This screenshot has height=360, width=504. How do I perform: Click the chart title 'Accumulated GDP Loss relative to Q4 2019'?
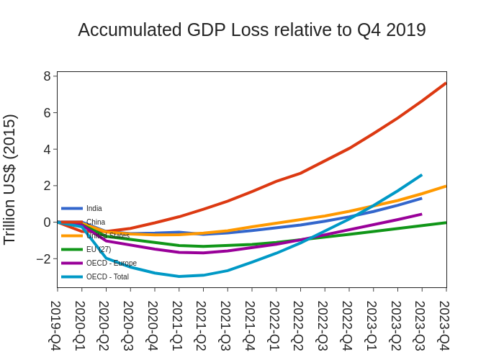click(x=252, y=30)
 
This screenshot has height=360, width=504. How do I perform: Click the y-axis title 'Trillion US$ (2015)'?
click(x=10, y=179)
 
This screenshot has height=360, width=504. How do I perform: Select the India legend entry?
click(x=94, y=209)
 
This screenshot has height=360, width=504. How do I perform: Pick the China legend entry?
click(x=96, y=222)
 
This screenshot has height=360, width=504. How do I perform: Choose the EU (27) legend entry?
click(x=99, y=249)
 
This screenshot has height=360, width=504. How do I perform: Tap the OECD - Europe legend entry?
click(x=111, y=263)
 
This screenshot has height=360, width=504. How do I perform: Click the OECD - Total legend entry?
click(x=107, y=276)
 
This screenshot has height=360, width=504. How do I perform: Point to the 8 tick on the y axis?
click(x=48, y=76)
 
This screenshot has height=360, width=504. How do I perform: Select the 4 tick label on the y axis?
click(x=48, y=149)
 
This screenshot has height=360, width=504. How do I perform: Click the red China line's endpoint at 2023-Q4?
click(x=446, y=83)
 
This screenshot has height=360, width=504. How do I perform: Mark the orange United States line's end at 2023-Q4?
click(x=446, y=186)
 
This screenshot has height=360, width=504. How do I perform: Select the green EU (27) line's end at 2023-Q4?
click(x=446, y=222)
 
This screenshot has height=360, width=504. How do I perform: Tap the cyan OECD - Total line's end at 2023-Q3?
click(x=421, y=175)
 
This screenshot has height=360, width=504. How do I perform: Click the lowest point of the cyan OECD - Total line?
click(x=179, y=276)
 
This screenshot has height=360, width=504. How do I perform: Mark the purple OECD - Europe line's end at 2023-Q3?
click(x=421, y=214)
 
